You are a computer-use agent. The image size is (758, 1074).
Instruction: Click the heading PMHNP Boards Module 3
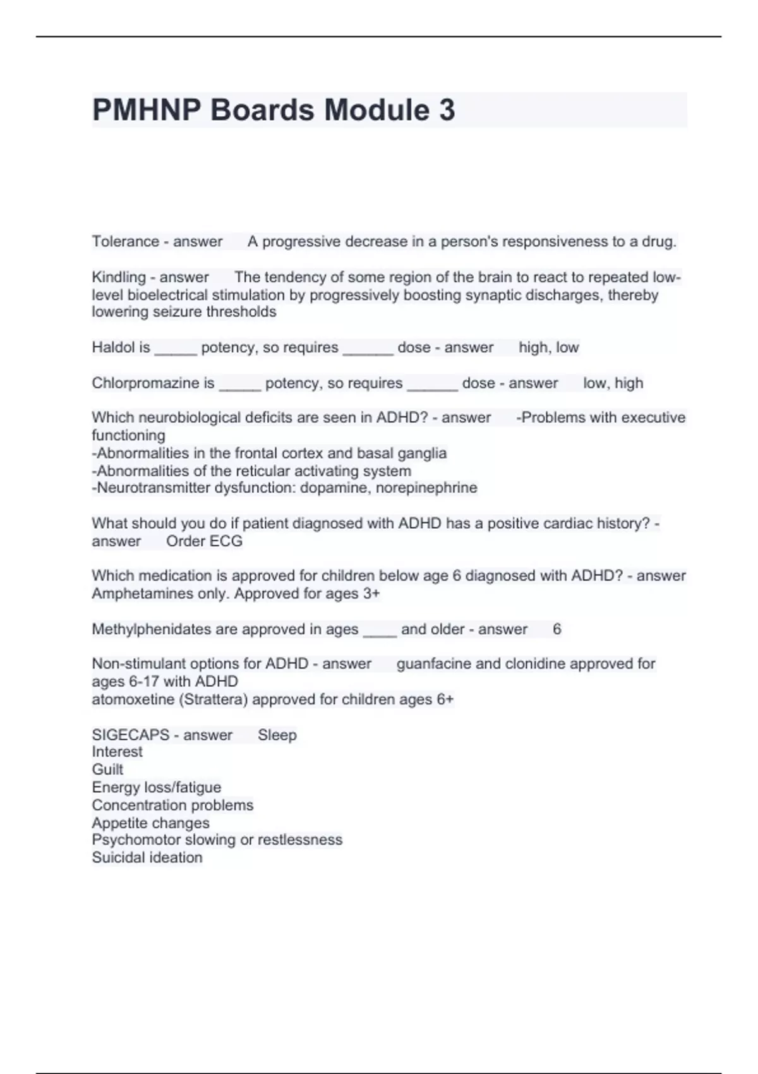(273, 110)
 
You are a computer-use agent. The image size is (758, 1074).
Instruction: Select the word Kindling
(119, 277)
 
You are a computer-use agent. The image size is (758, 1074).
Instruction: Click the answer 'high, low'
(548, 347)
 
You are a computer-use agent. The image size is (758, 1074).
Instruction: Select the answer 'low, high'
(613, 383)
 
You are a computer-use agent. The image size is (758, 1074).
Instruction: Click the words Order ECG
(204, 541)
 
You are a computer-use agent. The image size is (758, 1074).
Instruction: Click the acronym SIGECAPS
(131, 735)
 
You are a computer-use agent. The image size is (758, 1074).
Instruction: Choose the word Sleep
(277, 735)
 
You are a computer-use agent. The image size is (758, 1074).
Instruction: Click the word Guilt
(107, 769)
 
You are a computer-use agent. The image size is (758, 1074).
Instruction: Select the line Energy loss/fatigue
(157, 787)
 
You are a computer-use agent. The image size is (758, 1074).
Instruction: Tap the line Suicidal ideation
(147, 858)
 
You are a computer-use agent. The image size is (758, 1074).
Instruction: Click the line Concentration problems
(172, 805)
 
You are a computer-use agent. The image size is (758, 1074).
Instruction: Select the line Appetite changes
(150, 823)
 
